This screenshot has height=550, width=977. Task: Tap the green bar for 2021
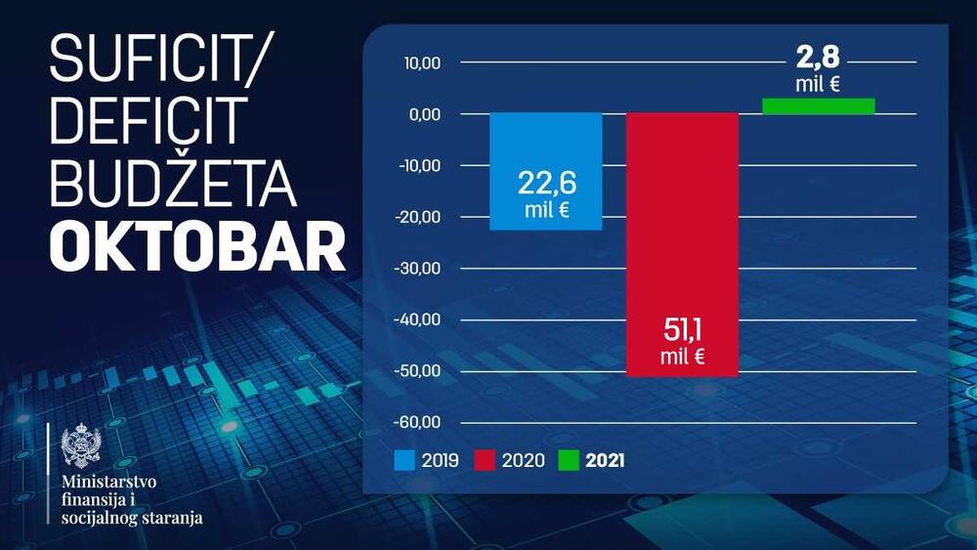[819, 106]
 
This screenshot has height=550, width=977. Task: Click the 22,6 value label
[545, 184]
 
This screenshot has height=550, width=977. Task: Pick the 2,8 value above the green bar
[818, 56]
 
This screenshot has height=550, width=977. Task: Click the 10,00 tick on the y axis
[421, 63]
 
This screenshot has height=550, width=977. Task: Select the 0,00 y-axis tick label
[424, 114]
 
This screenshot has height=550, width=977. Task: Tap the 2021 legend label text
[605, 458]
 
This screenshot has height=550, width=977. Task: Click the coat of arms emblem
[80, 447]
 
